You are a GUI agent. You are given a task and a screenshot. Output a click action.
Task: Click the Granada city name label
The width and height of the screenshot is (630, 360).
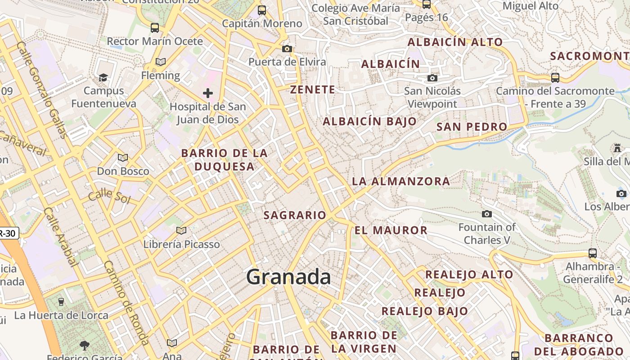[288, 276]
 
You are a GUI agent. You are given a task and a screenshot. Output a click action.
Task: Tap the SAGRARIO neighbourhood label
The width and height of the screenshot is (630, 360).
[295, 215]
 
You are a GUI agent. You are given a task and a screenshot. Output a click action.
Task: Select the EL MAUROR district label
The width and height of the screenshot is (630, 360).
[391, 230]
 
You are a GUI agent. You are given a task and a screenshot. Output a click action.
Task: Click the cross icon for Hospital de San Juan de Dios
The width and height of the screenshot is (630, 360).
[207, 93]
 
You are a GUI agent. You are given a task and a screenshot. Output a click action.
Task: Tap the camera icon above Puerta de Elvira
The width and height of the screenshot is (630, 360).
[287, 49]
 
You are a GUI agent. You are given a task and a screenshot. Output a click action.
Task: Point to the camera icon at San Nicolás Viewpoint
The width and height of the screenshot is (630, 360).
[432, 78]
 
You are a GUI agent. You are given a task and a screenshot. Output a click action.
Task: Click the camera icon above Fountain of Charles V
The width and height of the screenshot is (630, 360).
[486, 214]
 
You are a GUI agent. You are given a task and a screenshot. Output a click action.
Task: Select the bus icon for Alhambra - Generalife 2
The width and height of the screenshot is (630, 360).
[593, 253]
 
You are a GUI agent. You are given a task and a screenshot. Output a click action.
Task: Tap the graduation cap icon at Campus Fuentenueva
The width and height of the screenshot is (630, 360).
[103, 77]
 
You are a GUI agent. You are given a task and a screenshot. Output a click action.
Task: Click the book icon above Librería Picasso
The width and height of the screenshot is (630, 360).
[181, 231]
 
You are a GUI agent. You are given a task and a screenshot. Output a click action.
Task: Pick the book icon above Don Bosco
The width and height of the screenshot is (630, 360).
[122, 157]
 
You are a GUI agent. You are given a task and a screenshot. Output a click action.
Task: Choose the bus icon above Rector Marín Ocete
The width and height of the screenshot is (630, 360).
[154, 28]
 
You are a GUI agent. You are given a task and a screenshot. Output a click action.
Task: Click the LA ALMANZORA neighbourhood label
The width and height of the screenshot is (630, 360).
[400, 181]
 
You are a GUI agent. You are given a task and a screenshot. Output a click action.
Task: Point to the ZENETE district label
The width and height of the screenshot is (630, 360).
[312, 90]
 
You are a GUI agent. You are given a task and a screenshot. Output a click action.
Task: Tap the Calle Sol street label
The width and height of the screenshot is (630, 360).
[109, 197]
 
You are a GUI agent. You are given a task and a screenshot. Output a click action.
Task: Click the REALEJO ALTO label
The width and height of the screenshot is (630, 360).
[469, 274]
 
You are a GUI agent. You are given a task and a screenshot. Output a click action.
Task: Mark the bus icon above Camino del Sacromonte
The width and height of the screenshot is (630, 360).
[555, 77]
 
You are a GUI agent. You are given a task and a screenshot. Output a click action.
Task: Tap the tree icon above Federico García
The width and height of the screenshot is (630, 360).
[84, 346]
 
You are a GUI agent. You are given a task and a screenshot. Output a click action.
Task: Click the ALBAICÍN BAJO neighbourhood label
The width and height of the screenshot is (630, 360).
[369, 121]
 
